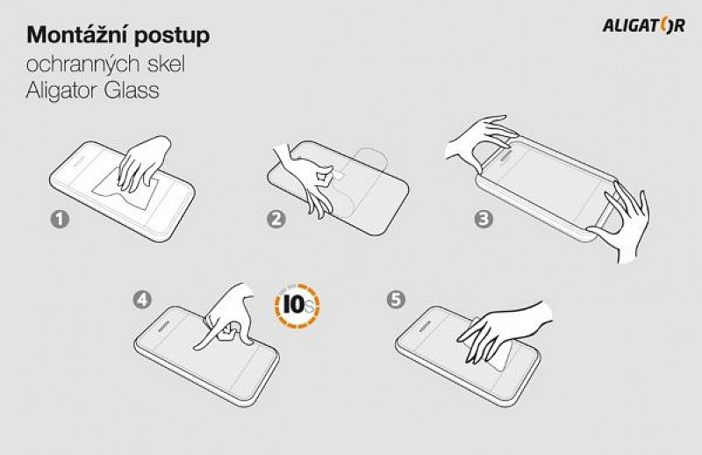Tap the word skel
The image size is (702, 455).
(x=166, y=64)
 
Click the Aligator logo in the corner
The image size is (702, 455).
(x=644, y=25)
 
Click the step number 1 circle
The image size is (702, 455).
(x=60, y=220)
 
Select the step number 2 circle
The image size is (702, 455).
(x=276, y=220)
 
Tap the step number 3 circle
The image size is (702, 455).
(x=484, y=220)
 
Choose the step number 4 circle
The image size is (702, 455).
(x=142, y=300)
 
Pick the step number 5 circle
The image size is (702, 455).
(x=396, y=300)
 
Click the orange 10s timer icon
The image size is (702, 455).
(x=297, y=306)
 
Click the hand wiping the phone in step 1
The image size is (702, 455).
(x=144, y=164)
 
